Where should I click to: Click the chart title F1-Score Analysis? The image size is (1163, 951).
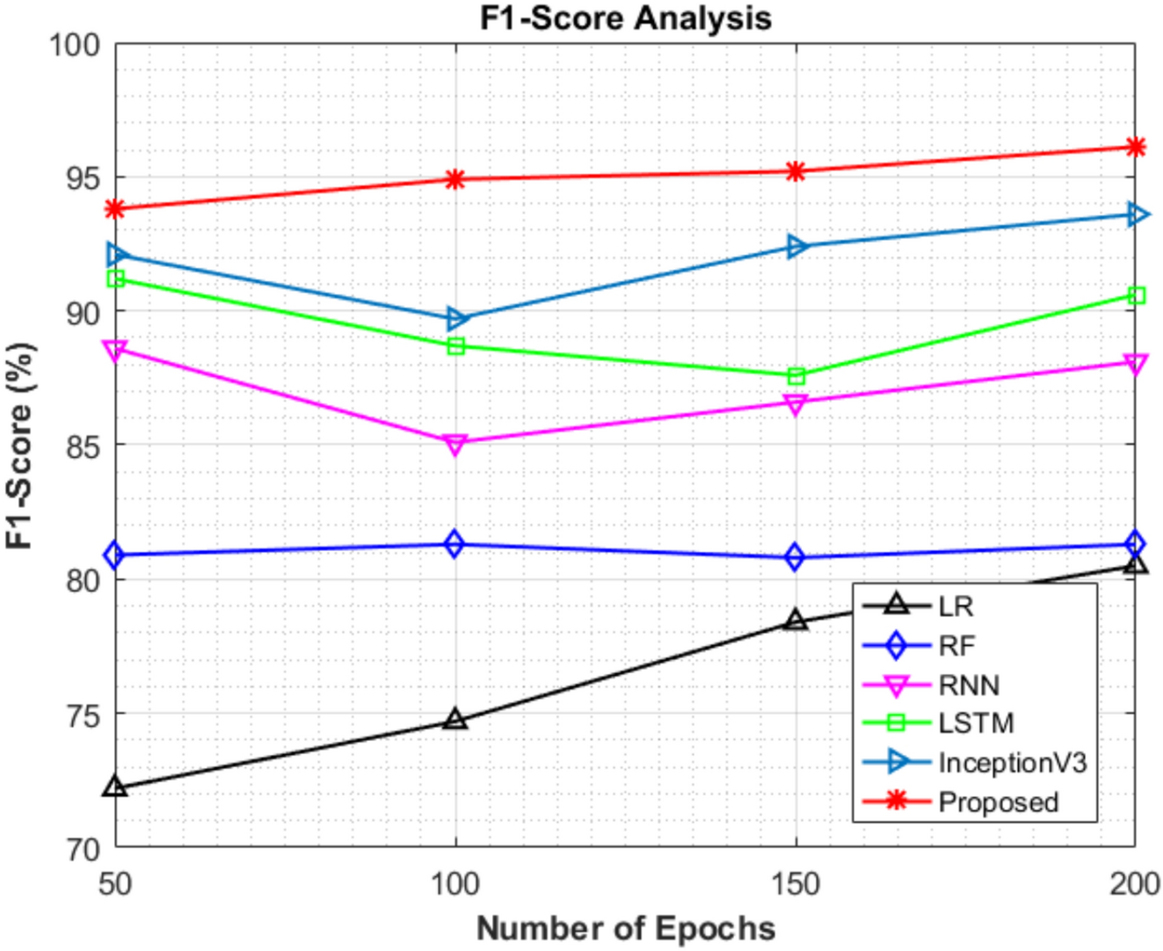pyautogui.click(x=625, y=18)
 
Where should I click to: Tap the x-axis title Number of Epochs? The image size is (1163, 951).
pyautogui.click(x=625, y=928)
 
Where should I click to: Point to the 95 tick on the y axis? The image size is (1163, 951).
pyautogui.click(x=81, y=178)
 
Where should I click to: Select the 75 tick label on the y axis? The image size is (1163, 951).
pyautogui.click(x=81, y=715)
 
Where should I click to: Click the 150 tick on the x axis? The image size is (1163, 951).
pyautogui.click(x=795, y=883)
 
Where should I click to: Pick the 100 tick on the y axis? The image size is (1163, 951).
pyautogui.click(x=74, y=44)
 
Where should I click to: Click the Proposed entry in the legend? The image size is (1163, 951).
pyautogui.click(x=998, y=802)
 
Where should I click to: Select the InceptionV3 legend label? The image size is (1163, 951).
pyautogui.click(x=1012, y=762)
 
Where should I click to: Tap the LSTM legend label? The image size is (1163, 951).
pyautogui.click(x=976, y=722)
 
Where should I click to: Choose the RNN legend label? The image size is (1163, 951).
pyautogui.click(x=969, y=685)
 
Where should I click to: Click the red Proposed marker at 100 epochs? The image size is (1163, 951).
pyautogui.click(x=454, y=179)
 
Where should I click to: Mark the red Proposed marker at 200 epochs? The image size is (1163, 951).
pyautogui.click(x=1135, y=147)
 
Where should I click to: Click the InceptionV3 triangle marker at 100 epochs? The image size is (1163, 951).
pyautogui.click(x=455, y=318)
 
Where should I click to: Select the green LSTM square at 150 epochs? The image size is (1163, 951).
pyautogui.click(x=796, y=376)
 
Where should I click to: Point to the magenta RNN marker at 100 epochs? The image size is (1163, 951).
pyautogui.click(x=454, y=444)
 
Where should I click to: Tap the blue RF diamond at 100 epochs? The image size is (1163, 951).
pyautogui.click(x=454, y=544)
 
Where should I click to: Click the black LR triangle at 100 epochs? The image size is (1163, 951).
pyautogui.click(x=454, y=720)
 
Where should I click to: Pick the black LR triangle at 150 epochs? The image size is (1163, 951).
pyautogui.click(x=796, y=621)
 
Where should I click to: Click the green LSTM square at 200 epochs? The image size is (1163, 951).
pyautogui.click(x=1136, y=295)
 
